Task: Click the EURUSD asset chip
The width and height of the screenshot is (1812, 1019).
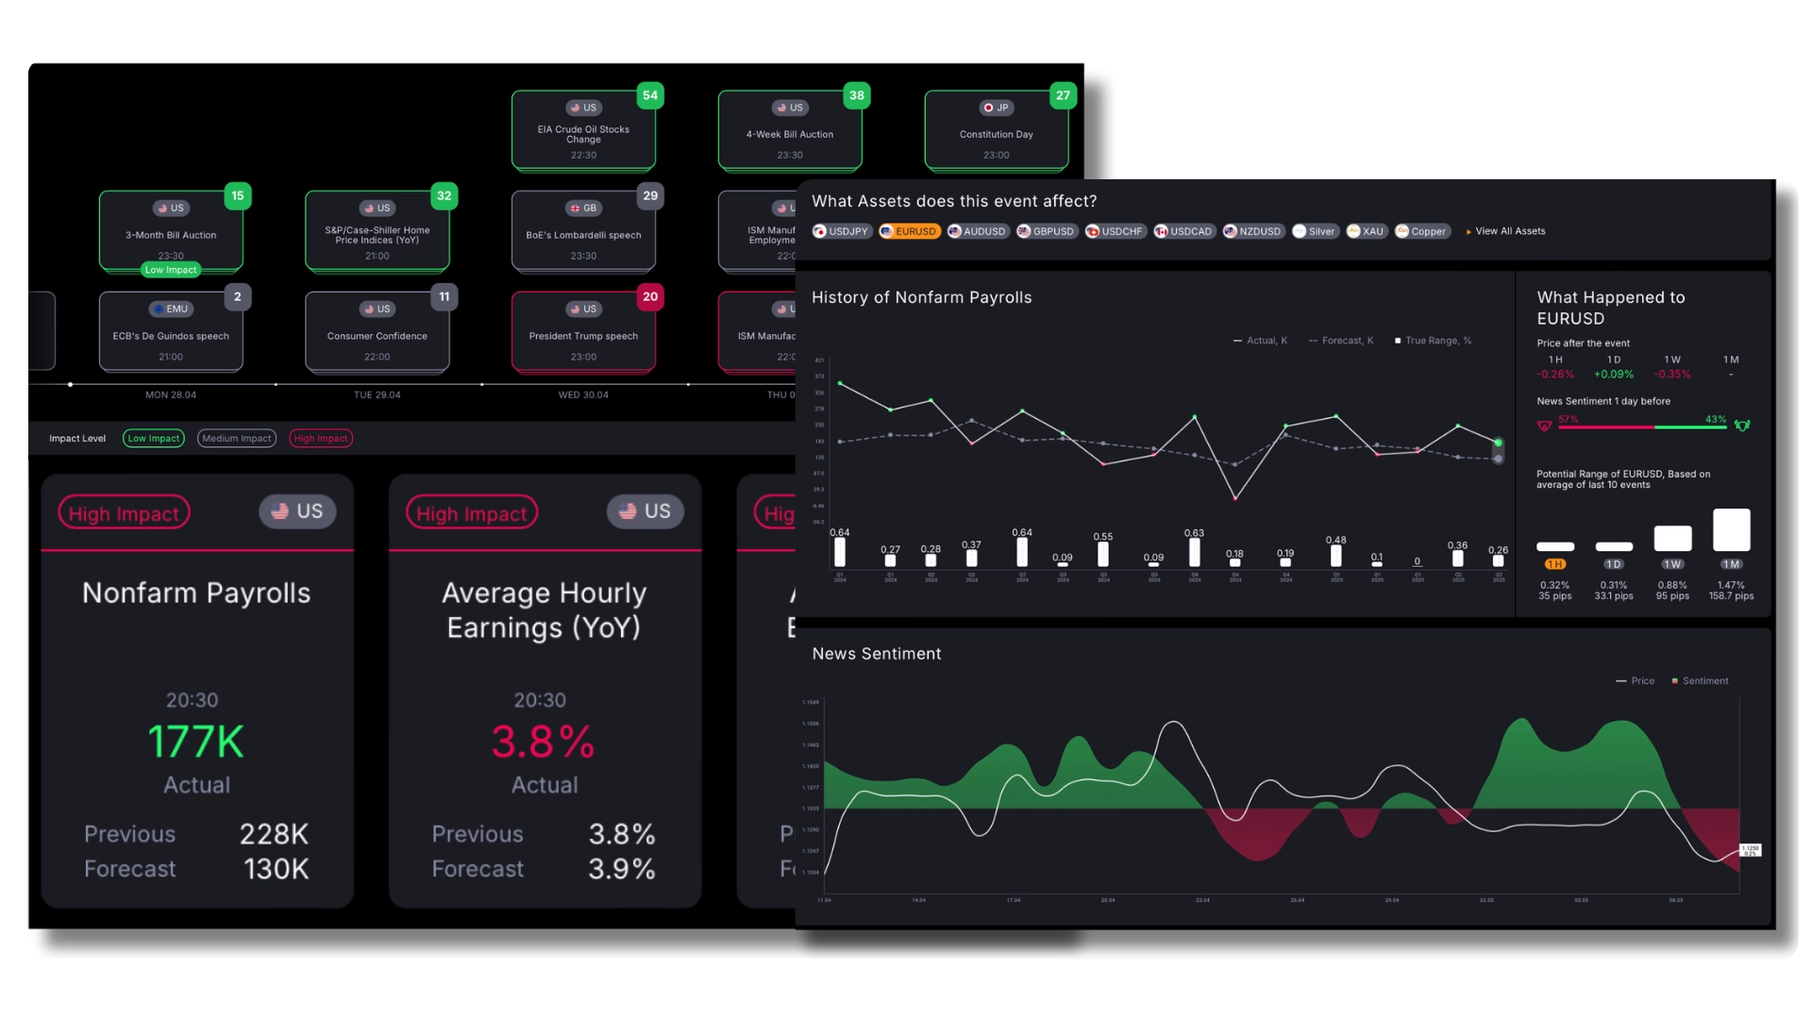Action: (x=910, y=231)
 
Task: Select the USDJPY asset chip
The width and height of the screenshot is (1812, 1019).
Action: (x=841, y=231)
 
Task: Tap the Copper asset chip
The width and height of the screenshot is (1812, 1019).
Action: (x=1422, y=231)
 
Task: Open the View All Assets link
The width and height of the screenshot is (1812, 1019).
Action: (x=1508, y=231)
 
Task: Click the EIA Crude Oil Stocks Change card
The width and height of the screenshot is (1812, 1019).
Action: (x=583, y=132)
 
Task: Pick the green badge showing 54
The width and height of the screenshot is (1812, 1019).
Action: (x=650, y=95)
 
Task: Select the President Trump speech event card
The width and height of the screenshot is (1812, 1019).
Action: (x=583, y=332)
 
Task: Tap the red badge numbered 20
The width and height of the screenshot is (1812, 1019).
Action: (x=650, y=296)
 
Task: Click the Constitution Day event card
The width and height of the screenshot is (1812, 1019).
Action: (x=996, y=132)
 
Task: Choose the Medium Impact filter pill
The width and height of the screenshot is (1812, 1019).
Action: (x=236, y=438)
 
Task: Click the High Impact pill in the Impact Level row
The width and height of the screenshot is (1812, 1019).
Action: (x=321, y=438)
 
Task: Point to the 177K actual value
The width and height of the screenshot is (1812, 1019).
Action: (x=196, y=742)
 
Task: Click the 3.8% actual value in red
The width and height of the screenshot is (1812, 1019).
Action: (x=543, y=742)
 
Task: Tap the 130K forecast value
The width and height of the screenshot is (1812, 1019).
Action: (x=276, y=869)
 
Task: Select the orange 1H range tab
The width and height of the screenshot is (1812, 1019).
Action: (x=1554, y=564)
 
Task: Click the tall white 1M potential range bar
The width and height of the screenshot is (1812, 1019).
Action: (x=1731, y=530)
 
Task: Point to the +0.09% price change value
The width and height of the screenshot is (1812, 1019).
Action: (x=1614, y=375)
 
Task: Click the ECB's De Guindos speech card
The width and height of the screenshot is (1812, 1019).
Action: (x=171, y=332)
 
